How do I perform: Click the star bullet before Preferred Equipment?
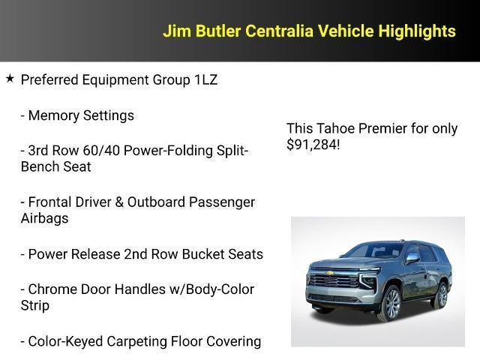click(x=10, y=78)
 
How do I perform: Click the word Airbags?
click(x=44, y=218)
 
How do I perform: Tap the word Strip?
click(x=34, y=306)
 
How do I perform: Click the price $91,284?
click(x=313, y=145)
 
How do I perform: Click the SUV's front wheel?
click(x=390, y=303)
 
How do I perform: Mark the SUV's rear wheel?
click(x=439, y=295)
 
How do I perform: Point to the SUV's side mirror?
click(x=412, y=259)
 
